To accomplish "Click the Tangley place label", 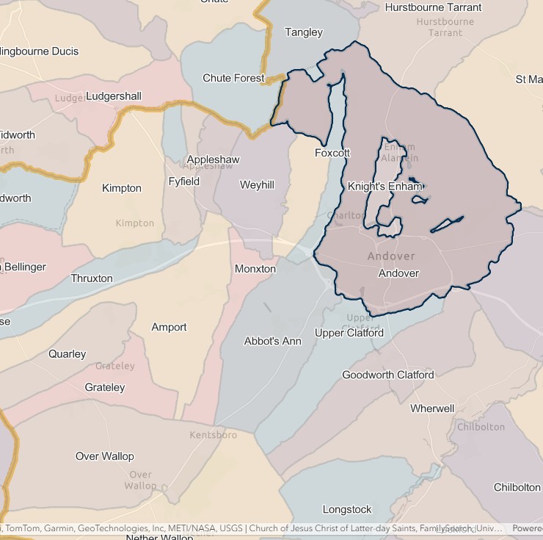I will pos(303,32).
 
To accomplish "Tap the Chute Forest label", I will pos(233,79).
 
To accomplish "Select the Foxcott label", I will pos(332,153).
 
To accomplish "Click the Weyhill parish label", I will pos(257,185).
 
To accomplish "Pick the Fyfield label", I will pos(183,181).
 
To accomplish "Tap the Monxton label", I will pos(255,269).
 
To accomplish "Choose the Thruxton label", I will pos(92,278).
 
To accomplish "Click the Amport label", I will pos(169,327).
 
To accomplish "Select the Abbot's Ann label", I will pos(272,341).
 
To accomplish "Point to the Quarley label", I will pos(68,353).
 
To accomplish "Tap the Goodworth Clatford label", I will pos(387,375).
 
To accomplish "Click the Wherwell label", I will pos(432,408).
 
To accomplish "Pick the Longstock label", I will pos(347,509).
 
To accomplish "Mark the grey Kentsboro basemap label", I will pos(213,435).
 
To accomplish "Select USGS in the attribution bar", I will pos(227,528).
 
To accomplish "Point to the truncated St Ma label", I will pos(528,79).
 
